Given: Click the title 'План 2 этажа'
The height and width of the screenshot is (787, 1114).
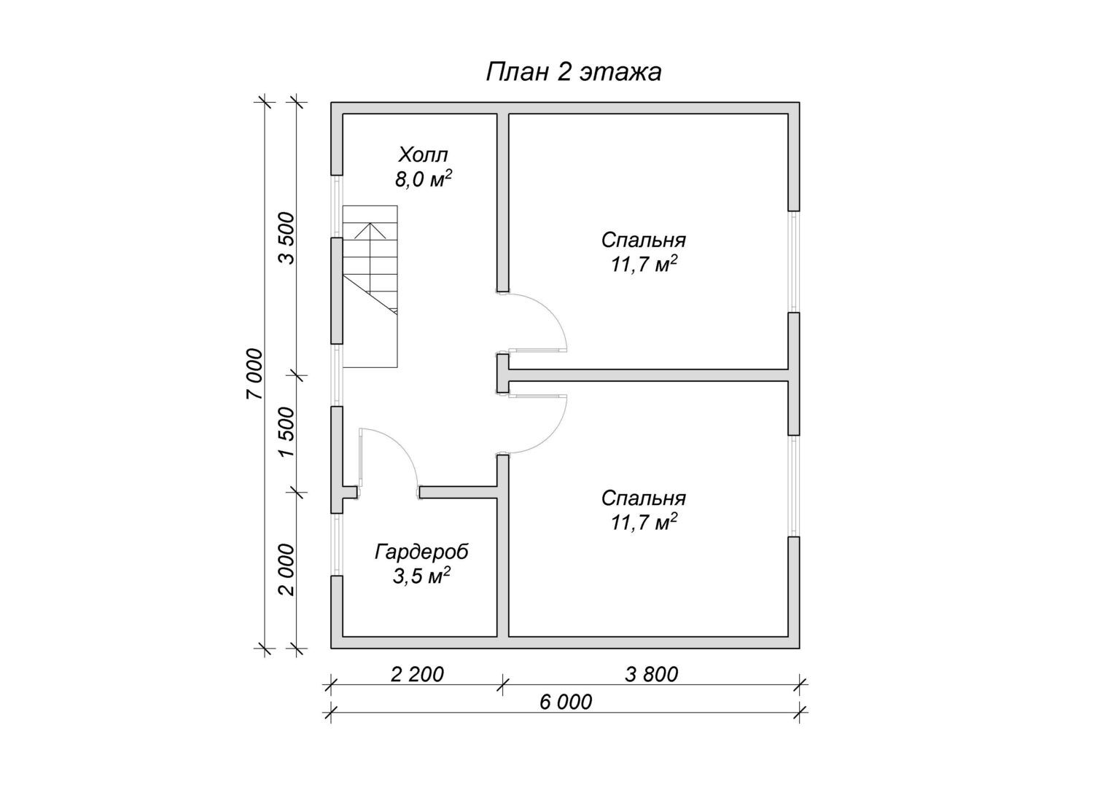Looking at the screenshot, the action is coord(574,73).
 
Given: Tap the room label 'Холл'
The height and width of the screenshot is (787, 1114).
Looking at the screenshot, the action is coord(423,155).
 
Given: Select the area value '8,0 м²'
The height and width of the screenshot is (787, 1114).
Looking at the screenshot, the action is coord(424,179).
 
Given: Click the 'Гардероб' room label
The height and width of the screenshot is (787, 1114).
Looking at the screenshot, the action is coord(421,552).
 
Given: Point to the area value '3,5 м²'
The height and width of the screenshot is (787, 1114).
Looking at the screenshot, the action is coord(421,576).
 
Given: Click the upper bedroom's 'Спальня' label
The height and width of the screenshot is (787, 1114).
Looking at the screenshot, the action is coord(644,240).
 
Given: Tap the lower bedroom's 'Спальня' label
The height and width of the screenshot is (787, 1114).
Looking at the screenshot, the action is coord(644,498).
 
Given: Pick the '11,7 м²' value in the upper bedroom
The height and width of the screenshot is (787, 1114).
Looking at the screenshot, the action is coord(644,265).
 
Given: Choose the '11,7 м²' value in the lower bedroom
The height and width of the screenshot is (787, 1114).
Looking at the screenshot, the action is coord(644,522).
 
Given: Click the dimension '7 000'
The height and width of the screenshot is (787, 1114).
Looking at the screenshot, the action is coord(254,375).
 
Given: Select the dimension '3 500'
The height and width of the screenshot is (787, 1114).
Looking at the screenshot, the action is coord(287,238).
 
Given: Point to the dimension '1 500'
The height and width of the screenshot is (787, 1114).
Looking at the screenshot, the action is coord(287,433).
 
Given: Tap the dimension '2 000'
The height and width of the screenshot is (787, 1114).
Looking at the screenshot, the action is coord(287,570).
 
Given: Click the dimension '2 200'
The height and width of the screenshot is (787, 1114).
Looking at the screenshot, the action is coord(417,675).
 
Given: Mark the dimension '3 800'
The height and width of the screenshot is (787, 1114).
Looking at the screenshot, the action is coord(652,675).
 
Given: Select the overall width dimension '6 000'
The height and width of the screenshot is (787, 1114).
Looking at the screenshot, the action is coord(566,702).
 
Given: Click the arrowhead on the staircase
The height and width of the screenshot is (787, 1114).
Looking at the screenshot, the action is coord(370,230).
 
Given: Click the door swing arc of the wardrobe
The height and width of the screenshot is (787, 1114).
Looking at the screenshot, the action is coord(399,446).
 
